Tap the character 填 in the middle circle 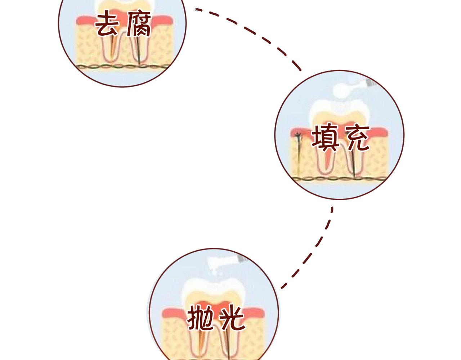pyautogui.click(x=325, y=138)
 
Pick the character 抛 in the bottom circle pyautogui.click(x=200, y=318)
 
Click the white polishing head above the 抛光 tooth pyautogui.click(x=216, y=266)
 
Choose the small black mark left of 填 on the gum pyautogui.click(x=297, y=136)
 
